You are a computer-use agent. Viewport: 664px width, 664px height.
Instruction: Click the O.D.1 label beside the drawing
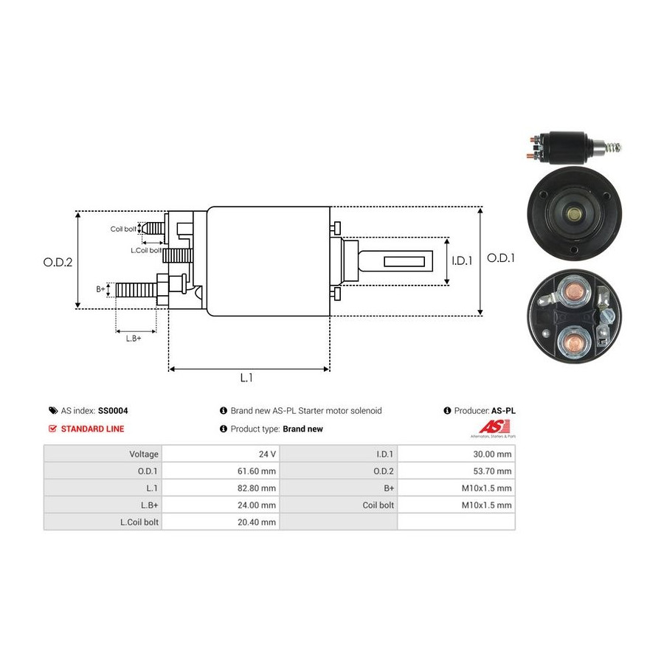click(x=501, y=258)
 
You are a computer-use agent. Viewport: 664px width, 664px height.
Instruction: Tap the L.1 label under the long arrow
click(x=246, y=377)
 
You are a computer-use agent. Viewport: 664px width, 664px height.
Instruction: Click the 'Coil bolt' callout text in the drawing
click(x=123, y=229)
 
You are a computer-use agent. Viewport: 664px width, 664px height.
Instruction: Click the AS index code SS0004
click(x=114, y=410)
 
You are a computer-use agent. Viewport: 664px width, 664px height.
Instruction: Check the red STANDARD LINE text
click(x=92, y=429)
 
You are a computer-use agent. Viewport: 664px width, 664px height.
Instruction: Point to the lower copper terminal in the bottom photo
click(x=573, y=342)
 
